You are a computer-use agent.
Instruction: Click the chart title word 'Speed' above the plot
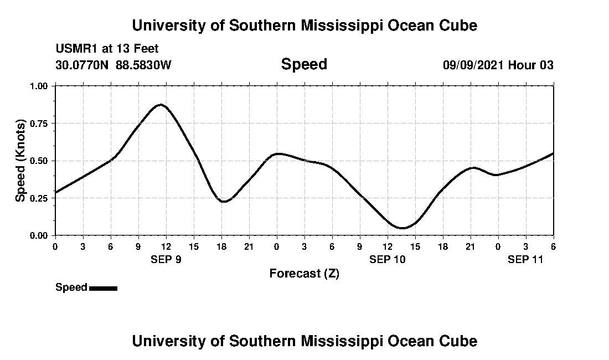[304, 64]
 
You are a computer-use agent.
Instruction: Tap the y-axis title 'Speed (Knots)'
[20, 160]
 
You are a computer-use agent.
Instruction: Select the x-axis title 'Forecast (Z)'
[304, 273]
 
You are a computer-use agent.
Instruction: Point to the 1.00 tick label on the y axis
[38, 86]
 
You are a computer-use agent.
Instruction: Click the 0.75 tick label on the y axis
[38, 124]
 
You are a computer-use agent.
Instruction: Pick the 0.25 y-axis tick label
[38, 198]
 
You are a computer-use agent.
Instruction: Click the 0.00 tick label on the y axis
[38, 235]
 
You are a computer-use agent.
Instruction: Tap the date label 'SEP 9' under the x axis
[166, 260]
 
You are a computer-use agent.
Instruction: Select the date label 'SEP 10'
[388, 260]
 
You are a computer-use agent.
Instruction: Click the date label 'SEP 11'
[525, 260]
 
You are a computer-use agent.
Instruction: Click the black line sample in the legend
[103, 288]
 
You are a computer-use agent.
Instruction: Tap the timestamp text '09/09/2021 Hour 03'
[498, 65]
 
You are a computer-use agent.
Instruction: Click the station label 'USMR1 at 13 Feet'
[107, 49]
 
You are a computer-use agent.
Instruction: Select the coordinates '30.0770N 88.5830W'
[113, 65]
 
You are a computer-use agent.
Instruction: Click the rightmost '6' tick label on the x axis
[553, 246]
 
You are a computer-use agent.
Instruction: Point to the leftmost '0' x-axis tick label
[55, 246]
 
